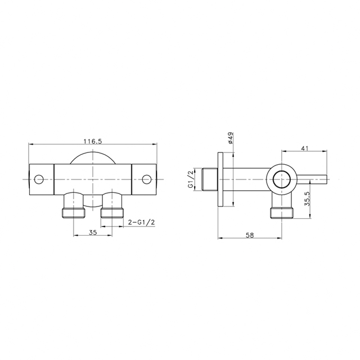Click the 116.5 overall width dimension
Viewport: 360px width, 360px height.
click(x=92, y=141)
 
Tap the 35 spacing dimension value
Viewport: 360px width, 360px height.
click(x=93, y=232)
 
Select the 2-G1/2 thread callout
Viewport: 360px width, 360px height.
click(x=141, y=222)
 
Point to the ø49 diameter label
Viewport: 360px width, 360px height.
click(x=231, y=138)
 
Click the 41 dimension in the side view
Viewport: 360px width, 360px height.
click(x=304, y=148)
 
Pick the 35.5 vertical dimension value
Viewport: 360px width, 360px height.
click(x=307, y=199)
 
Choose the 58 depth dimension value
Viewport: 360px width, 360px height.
click(x=250, y=235)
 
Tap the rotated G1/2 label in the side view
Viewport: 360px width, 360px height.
click(x=191, y=179)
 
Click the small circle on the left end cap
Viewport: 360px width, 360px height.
click(x=39, y=179)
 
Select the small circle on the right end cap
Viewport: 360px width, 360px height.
click(x=146, y=179)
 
